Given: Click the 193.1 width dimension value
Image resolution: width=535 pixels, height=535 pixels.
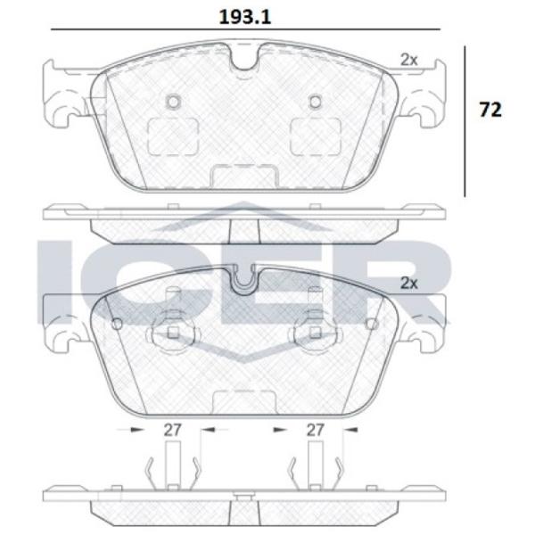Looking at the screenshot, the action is pos(245,17).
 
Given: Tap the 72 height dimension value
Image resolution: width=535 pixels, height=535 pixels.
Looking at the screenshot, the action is pos(490,110).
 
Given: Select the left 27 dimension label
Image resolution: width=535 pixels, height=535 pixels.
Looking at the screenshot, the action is pos(172,430).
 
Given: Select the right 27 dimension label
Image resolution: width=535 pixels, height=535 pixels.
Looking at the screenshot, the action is pos(315,430).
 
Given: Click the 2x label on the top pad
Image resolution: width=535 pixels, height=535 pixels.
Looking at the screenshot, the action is pos(408,60).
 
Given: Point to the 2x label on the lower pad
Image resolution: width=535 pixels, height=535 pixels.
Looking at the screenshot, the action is pos(408,284).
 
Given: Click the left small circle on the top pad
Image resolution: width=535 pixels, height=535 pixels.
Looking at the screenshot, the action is pos(173,102).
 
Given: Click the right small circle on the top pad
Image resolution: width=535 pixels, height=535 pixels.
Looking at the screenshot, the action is pos(315,102).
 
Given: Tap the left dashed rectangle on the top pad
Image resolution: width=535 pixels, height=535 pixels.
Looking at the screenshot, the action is pos(173,136).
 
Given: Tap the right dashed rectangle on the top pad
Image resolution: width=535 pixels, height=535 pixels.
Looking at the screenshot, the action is pos(316,136).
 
